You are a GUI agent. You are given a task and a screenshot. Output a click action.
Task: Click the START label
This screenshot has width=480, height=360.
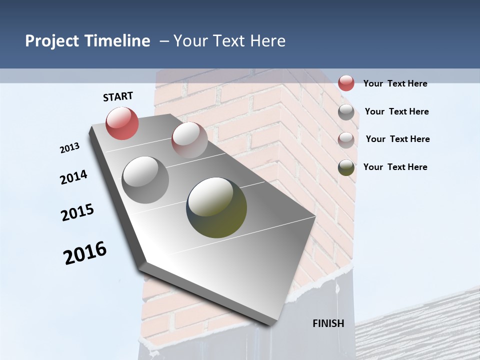(x=118, y=96)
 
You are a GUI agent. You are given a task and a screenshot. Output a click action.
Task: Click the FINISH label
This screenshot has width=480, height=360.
(x=328, y=323)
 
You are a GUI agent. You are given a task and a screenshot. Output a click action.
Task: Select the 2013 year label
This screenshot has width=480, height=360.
(x=70, y=148)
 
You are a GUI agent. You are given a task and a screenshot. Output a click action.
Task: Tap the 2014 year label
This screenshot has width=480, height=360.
(x=73, y=177)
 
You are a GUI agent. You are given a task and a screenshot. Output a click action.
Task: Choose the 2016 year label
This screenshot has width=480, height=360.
(x=85, y=253)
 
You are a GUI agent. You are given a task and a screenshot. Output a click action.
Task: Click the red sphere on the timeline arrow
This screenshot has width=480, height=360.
(x=122, y=123)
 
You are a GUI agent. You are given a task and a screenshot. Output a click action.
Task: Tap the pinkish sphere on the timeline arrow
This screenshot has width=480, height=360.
(x=189, y=139)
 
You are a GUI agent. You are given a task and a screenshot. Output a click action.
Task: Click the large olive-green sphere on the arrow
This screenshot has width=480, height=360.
(x=216, y=207)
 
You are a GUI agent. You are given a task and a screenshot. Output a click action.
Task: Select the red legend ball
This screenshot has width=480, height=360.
(x=346, y=83)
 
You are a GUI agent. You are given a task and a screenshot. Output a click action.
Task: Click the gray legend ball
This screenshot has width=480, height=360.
(x=346, y=112)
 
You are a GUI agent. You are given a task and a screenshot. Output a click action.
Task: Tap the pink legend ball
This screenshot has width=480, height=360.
(x=346, y=140)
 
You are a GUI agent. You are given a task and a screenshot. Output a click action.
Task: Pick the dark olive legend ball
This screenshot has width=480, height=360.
(x=346, y=167)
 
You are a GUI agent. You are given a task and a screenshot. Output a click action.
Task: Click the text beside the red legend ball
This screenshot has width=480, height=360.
(x=395, y=83)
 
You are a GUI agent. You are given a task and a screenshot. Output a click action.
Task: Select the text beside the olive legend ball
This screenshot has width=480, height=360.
(x=395, y=167)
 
